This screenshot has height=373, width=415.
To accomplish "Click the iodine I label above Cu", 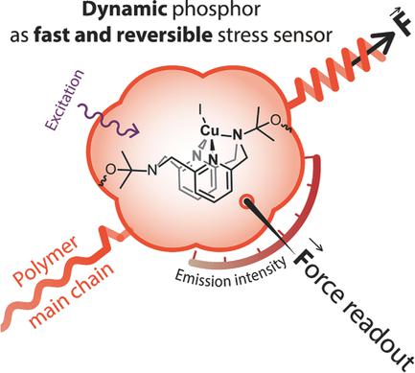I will click(200, 120).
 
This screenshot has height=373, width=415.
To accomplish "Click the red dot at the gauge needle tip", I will click(249, 202).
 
